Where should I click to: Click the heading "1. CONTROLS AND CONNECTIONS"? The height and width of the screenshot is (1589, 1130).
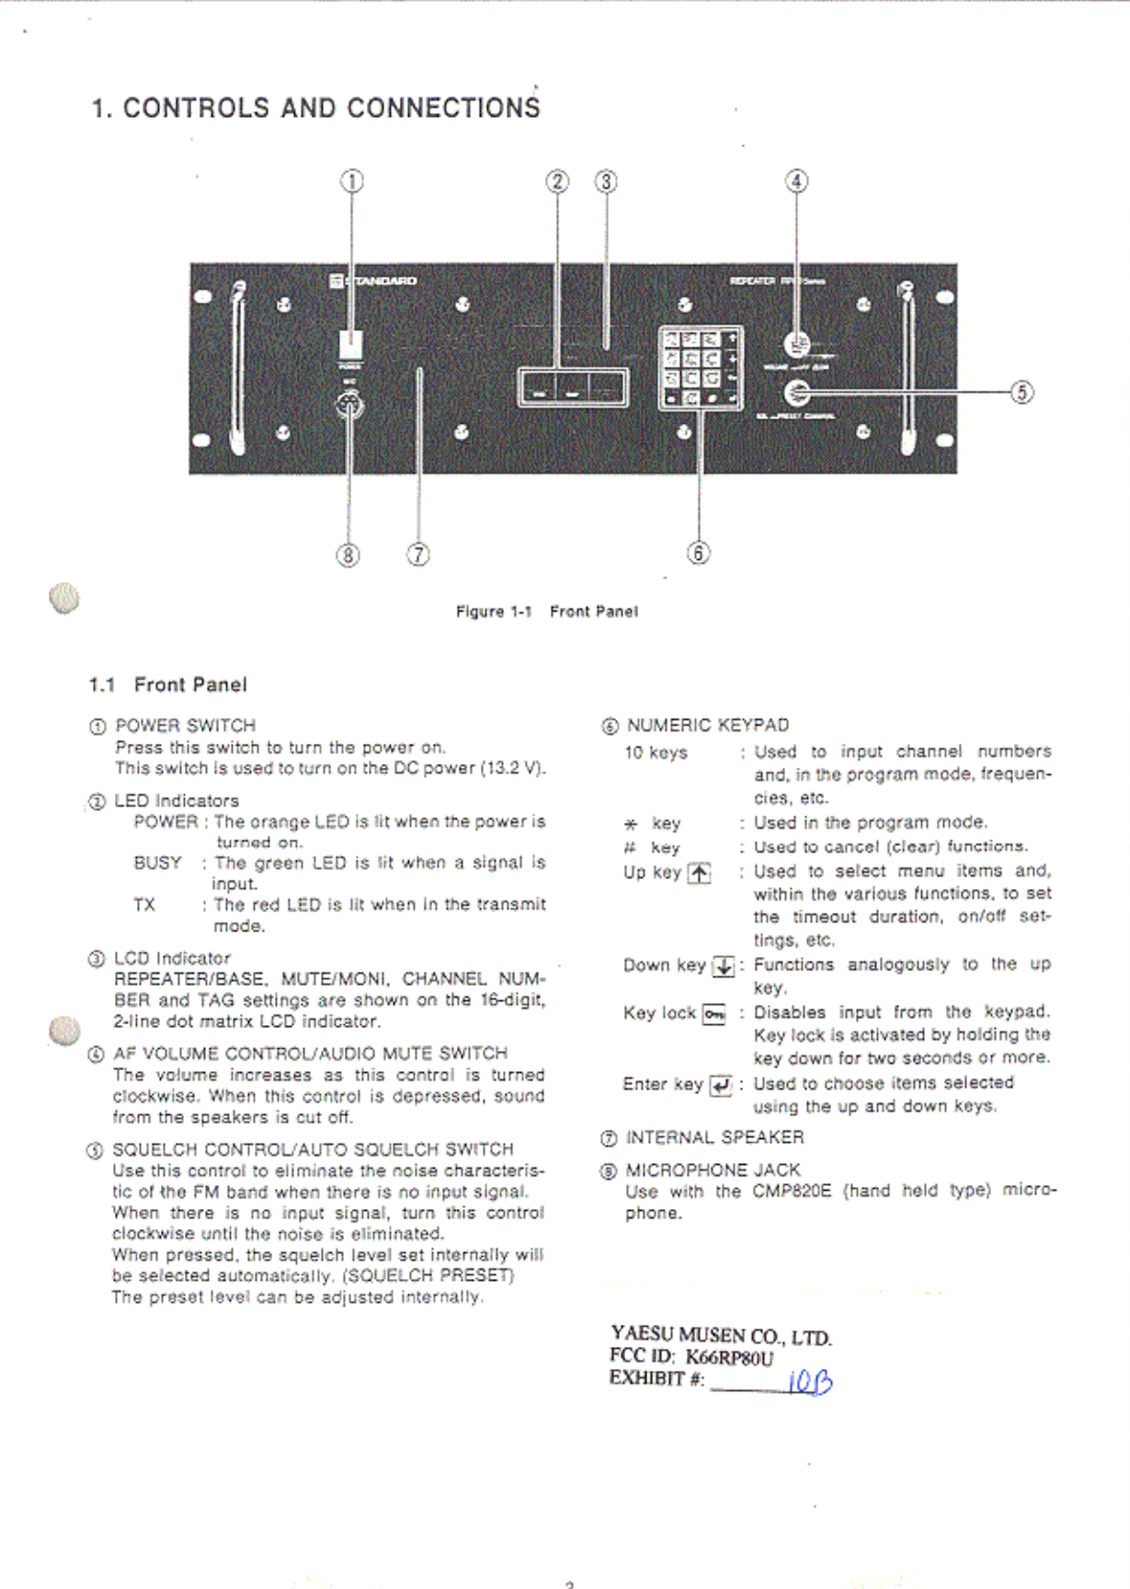pos(315,107)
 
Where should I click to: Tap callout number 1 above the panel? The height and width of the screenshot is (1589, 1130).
pos(351,181)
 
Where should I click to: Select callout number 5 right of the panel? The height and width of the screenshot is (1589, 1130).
pos(1022,392)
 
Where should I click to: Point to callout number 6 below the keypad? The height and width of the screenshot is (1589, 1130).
pos(698,552)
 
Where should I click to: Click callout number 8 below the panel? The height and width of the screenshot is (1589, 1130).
pos(348,554)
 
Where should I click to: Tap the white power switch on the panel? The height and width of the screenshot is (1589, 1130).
pos(351,345)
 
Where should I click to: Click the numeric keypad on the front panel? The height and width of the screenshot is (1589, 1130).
pos(700,368)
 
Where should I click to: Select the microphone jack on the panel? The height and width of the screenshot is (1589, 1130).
pos(349,407)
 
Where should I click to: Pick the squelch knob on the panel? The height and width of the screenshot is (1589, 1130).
pos(797,392)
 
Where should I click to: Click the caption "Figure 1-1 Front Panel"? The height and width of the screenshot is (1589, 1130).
pos(546,612)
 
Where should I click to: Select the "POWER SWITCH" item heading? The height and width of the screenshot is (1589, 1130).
pos(185,726)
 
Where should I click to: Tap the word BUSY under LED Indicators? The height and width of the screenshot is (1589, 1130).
pos(157,862)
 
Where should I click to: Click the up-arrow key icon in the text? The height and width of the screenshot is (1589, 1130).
pos(699,873)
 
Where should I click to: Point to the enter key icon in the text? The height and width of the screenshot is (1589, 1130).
pos(720,1085)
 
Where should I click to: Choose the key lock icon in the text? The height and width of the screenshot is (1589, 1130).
pos(714,1014)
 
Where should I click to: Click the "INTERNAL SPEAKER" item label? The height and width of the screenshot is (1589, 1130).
pos(714,1137)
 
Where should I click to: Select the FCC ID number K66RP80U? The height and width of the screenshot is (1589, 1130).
pos(729,1357)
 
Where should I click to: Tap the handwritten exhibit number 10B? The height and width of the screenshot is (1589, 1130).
pos(809,1381)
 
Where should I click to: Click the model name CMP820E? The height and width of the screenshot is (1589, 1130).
pos(791,1191)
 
